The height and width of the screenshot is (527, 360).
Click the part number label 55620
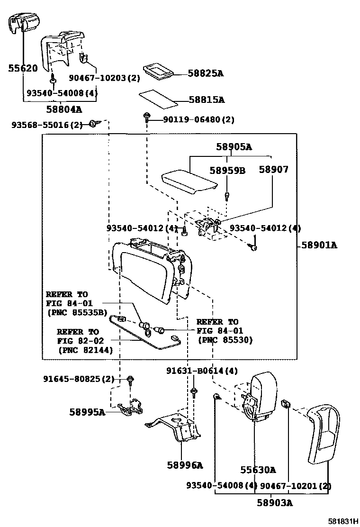22,68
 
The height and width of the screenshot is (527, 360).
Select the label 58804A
64,109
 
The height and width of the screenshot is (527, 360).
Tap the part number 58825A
205,73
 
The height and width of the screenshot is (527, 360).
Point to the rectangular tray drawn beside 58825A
158,71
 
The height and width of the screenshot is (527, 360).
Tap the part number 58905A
234,147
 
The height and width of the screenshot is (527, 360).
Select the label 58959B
227,170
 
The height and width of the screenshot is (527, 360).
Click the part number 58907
273,169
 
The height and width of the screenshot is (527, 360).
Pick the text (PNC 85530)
225,340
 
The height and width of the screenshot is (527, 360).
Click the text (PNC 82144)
85,350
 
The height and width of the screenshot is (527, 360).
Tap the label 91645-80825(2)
79,379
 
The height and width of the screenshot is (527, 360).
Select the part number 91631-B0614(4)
202,371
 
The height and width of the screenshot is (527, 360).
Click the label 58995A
87,412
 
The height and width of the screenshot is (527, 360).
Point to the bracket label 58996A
184,465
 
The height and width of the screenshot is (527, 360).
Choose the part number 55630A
258,470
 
